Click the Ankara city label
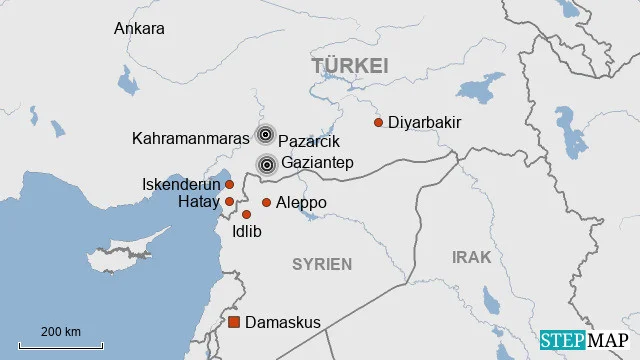pos(139,28)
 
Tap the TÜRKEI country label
pos(349,66)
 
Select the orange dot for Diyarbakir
pos(378,123)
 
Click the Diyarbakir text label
pos(424,123)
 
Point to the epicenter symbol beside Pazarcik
pos(265,135)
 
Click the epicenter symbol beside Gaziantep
pos(267,164)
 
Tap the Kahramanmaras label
pos(191,139)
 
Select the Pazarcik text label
pos(309,142)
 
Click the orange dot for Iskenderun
pos(229,184)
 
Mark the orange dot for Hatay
pos(229,202)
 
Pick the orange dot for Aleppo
pos(266,203)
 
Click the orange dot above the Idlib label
pos(246,214)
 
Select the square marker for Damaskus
pos(234,322)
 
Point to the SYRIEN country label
pos(321,264)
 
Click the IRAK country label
pos(471,257)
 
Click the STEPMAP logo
pos(584,340)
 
